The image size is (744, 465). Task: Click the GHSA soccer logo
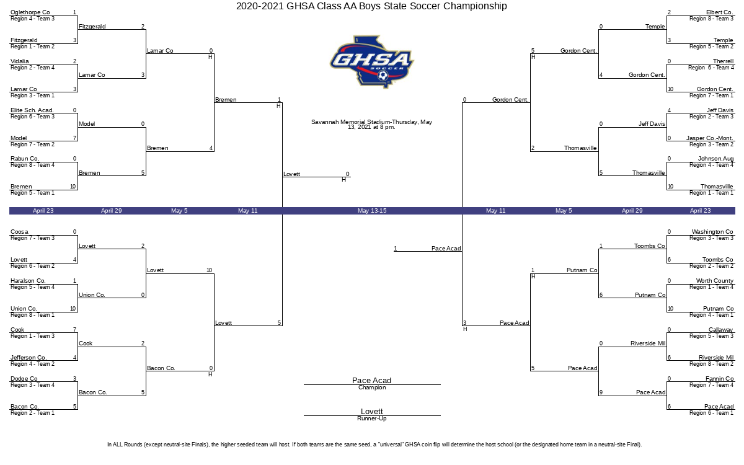[x=372, y=62]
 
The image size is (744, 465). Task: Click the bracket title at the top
[x=371, y=6]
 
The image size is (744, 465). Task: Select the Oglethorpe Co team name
[x=30, y=12]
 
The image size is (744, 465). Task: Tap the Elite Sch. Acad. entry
[x=32, y=110]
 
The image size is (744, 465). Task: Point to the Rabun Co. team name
[x=25, y=159]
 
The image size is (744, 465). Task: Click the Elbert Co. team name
[x=719, y=12]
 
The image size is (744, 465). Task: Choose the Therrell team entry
[x=723, y=61]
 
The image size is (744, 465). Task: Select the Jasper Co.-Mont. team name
[x=710, y=138]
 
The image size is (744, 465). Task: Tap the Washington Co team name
[x=712, y=231]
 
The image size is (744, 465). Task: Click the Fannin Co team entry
[x=719, y=378]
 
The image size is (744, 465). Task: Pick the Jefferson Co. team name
[x=29, y=357]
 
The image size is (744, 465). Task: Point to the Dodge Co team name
[x=24, y=378]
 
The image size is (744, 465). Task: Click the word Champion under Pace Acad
[x=372, y=387]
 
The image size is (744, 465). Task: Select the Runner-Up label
[x=372, y=418]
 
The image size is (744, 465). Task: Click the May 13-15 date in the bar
[x=372, y=211]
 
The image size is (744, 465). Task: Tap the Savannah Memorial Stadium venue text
[x=371, y=124]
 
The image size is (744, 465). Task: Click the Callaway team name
[x=720, y=329]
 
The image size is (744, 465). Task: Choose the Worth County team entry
[x=715, y=281]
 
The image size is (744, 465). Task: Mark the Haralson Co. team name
[x=28, y=281]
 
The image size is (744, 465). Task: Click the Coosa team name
[x=19, y=231]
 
